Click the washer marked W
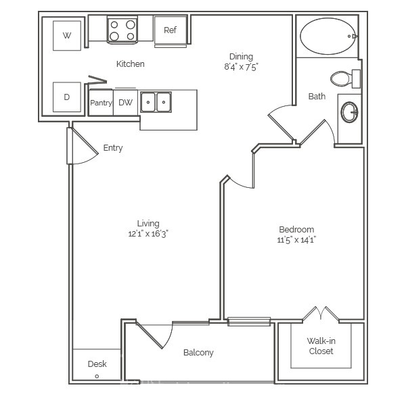pyautogui.click(x=67, y=36)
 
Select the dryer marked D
pyautogui.click(x=67, y=97)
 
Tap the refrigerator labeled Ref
pyautogui.click(x=171, y=30)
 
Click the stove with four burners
pyautogui.click(x=122, y=30)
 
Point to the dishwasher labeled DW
pyautogui.click(x=126, y=103)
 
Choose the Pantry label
pyautogui.click(x=101, y=103)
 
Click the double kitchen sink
pyautogui.click(x=156, y=102)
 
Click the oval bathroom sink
pyautogui.click(x=350, y=112)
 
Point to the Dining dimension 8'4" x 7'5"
pyautogui.click(x=242, y=67)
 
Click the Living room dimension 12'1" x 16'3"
pyautogui.click(x=148, y=234)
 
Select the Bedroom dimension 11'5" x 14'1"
pyautogui.click(x=296, y=240)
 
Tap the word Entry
pyautogui.click(x=113, y=148)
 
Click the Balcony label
pyautogui.click(x=198, y=353)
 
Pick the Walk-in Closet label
pyautogui.click(x=321, y=346)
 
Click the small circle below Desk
pyautogui.click(x=97, y=376)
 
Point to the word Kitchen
pyautogui.click(x=130, y=64)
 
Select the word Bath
pyautogui.click(x=317, y=97)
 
